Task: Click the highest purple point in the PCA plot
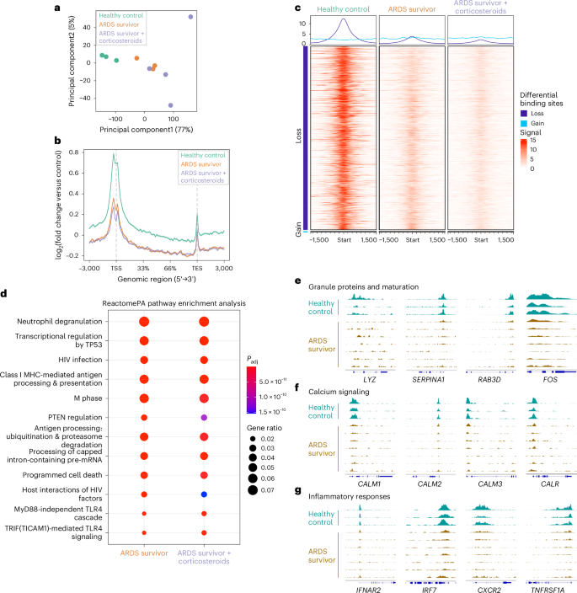point(190,17)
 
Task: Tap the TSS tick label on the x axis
point(115,267)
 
